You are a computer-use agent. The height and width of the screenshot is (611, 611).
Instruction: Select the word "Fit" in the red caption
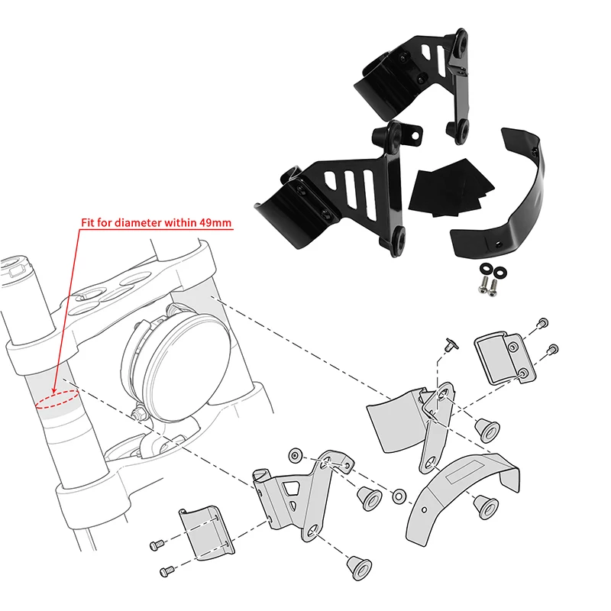pos(87,223)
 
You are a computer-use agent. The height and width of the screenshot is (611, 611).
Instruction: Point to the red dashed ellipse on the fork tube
pos(57,399)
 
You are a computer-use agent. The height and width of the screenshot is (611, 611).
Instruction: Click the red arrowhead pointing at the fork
pos(54,389)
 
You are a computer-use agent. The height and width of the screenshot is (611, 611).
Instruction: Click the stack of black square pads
pos(451,187)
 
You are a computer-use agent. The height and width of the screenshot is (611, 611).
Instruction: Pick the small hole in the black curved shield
pos(498,244)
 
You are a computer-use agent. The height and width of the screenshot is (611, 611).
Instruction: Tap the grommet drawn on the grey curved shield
pos(487,507)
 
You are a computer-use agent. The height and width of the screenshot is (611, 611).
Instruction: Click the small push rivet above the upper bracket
pos(451,344)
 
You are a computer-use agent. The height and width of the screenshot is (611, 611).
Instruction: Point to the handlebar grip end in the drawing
pos(15,266)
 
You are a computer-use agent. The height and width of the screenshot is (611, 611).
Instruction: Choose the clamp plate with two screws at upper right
pos(506,357)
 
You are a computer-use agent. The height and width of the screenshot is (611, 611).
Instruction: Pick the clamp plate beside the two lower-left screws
pos(207,533)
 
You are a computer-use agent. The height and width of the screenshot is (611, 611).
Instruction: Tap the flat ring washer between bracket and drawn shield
pos(399,496)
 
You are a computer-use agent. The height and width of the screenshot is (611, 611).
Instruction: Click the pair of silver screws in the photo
pos(487,287)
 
